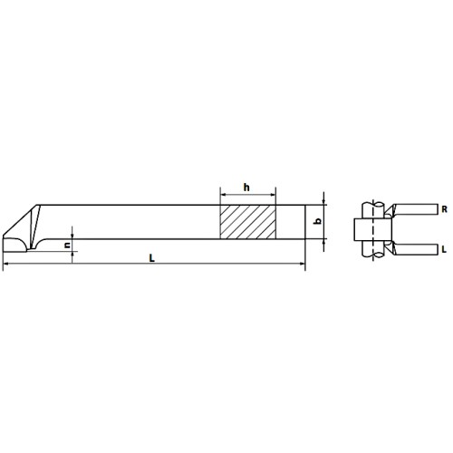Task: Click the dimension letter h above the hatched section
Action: [x=246, y=188]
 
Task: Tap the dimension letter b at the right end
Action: [x=318, y=222]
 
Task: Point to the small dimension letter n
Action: [x=68, y=245]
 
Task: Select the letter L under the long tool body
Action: [x=152, y=258]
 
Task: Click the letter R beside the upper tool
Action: [x=444, y=209]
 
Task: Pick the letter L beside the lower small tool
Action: [x=444, y=249]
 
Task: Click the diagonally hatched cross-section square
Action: [x=248, y=222]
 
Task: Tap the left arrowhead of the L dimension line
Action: [x=5, y=264]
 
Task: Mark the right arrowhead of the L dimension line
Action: [x=303, y=264]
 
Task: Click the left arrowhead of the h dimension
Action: [x=223, y=195]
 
